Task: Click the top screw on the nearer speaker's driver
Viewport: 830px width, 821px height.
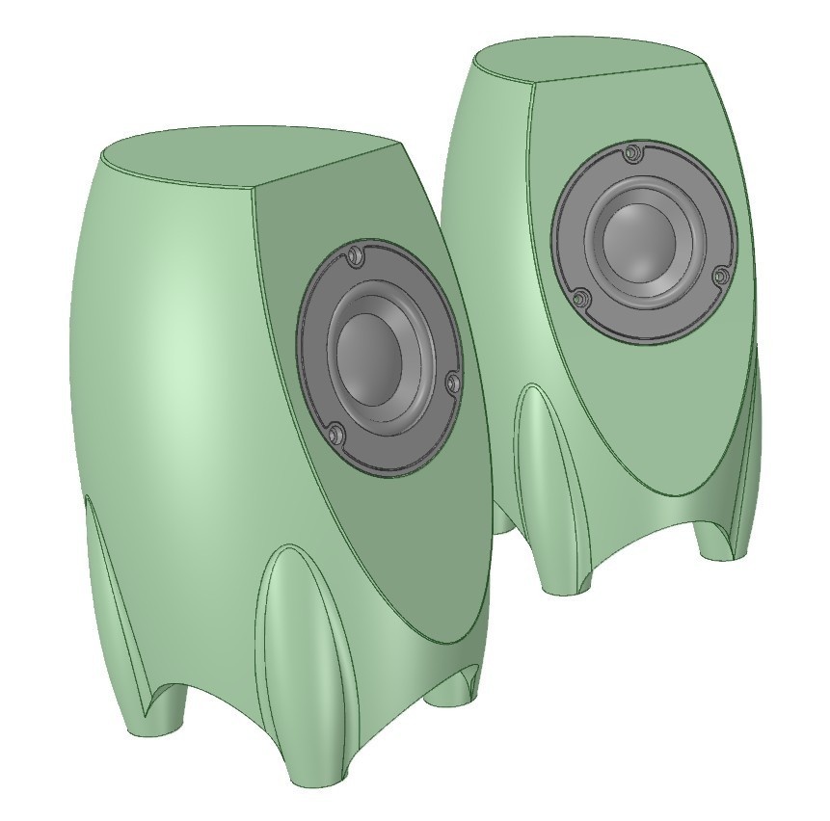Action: (354, 255)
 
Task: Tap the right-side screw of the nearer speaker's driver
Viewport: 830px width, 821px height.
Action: (451, 384)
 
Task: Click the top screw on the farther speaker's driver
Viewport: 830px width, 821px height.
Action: (631, 152)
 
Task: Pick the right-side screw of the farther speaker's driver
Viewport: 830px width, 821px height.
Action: (720, 277)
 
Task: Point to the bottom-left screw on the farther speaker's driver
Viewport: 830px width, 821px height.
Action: (580, 299)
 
